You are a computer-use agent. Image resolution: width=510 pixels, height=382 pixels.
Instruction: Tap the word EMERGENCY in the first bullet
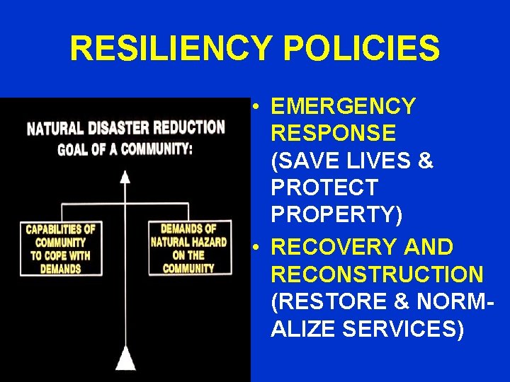point(343,106)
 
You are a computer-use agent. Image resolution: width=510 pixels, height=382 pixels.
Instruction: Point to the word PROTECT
point(324,188)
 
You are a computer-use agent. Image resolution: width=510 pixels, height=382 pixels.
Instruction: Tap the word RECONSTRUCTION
point(377,274)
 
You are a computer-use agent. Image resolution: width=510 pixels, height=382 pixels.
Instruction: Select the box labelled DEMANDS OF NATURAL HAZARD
point(189,248)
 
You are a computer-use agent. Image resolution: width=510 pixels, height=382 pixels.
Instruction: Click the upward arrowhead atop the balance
point(125,176)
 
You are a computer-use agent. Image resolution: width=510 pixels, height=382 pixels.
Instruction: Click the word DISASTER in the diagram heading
point(120,129)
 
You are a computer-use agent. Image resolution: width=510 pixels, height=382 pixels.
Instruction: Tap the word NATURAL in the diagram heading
point(56,130)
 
